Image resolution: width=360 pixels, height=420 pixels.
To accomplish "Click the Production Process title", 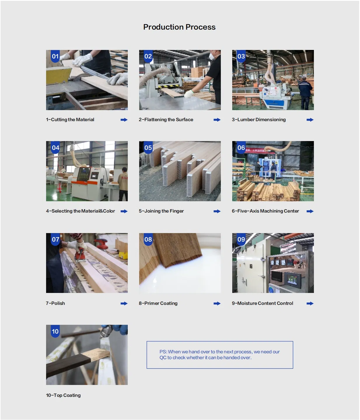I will (179, 27).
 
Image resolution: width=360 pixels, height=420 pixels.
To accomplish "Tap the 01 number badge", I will (55, 56).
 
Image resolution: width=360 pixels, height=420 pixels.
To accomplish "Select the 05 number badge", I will (148, 147).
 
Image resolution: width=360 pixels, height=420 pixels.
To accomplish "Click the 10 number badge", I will (55, 331).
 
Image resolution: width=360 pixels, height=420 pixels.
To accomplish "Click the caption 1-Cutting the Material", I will (70, 119).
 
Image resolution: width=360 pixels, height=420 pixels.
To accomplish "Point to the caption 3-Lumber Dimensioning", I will (258, 119).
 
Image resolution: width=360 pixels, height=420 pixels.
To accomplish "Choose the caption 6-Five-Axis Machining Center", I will (265, 211).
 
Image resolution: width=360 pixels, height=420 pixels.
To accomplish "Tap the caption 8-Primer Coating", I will (158, 303).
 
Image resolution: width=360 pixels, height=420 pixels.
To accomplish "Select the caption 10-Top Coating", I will (63, 395).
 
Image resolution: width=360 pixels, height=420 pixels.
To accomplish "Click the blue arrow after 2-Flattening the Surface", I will (217, 120).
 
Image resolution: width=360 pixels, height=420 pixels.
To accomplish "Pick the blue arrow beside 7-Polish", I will (124, 303).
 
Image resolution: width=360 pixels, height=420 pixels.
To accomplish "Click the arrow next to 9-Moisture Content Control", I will (310, 303).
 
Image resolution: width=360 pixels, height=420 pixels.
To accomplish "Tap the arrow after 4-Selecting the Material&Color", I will (124, 211).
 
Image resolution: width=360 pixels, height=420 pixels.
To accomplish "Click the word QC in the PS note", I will (163, 357).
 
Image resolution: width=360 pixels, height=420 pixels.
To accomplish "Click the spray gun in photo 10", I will (106, 332).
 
